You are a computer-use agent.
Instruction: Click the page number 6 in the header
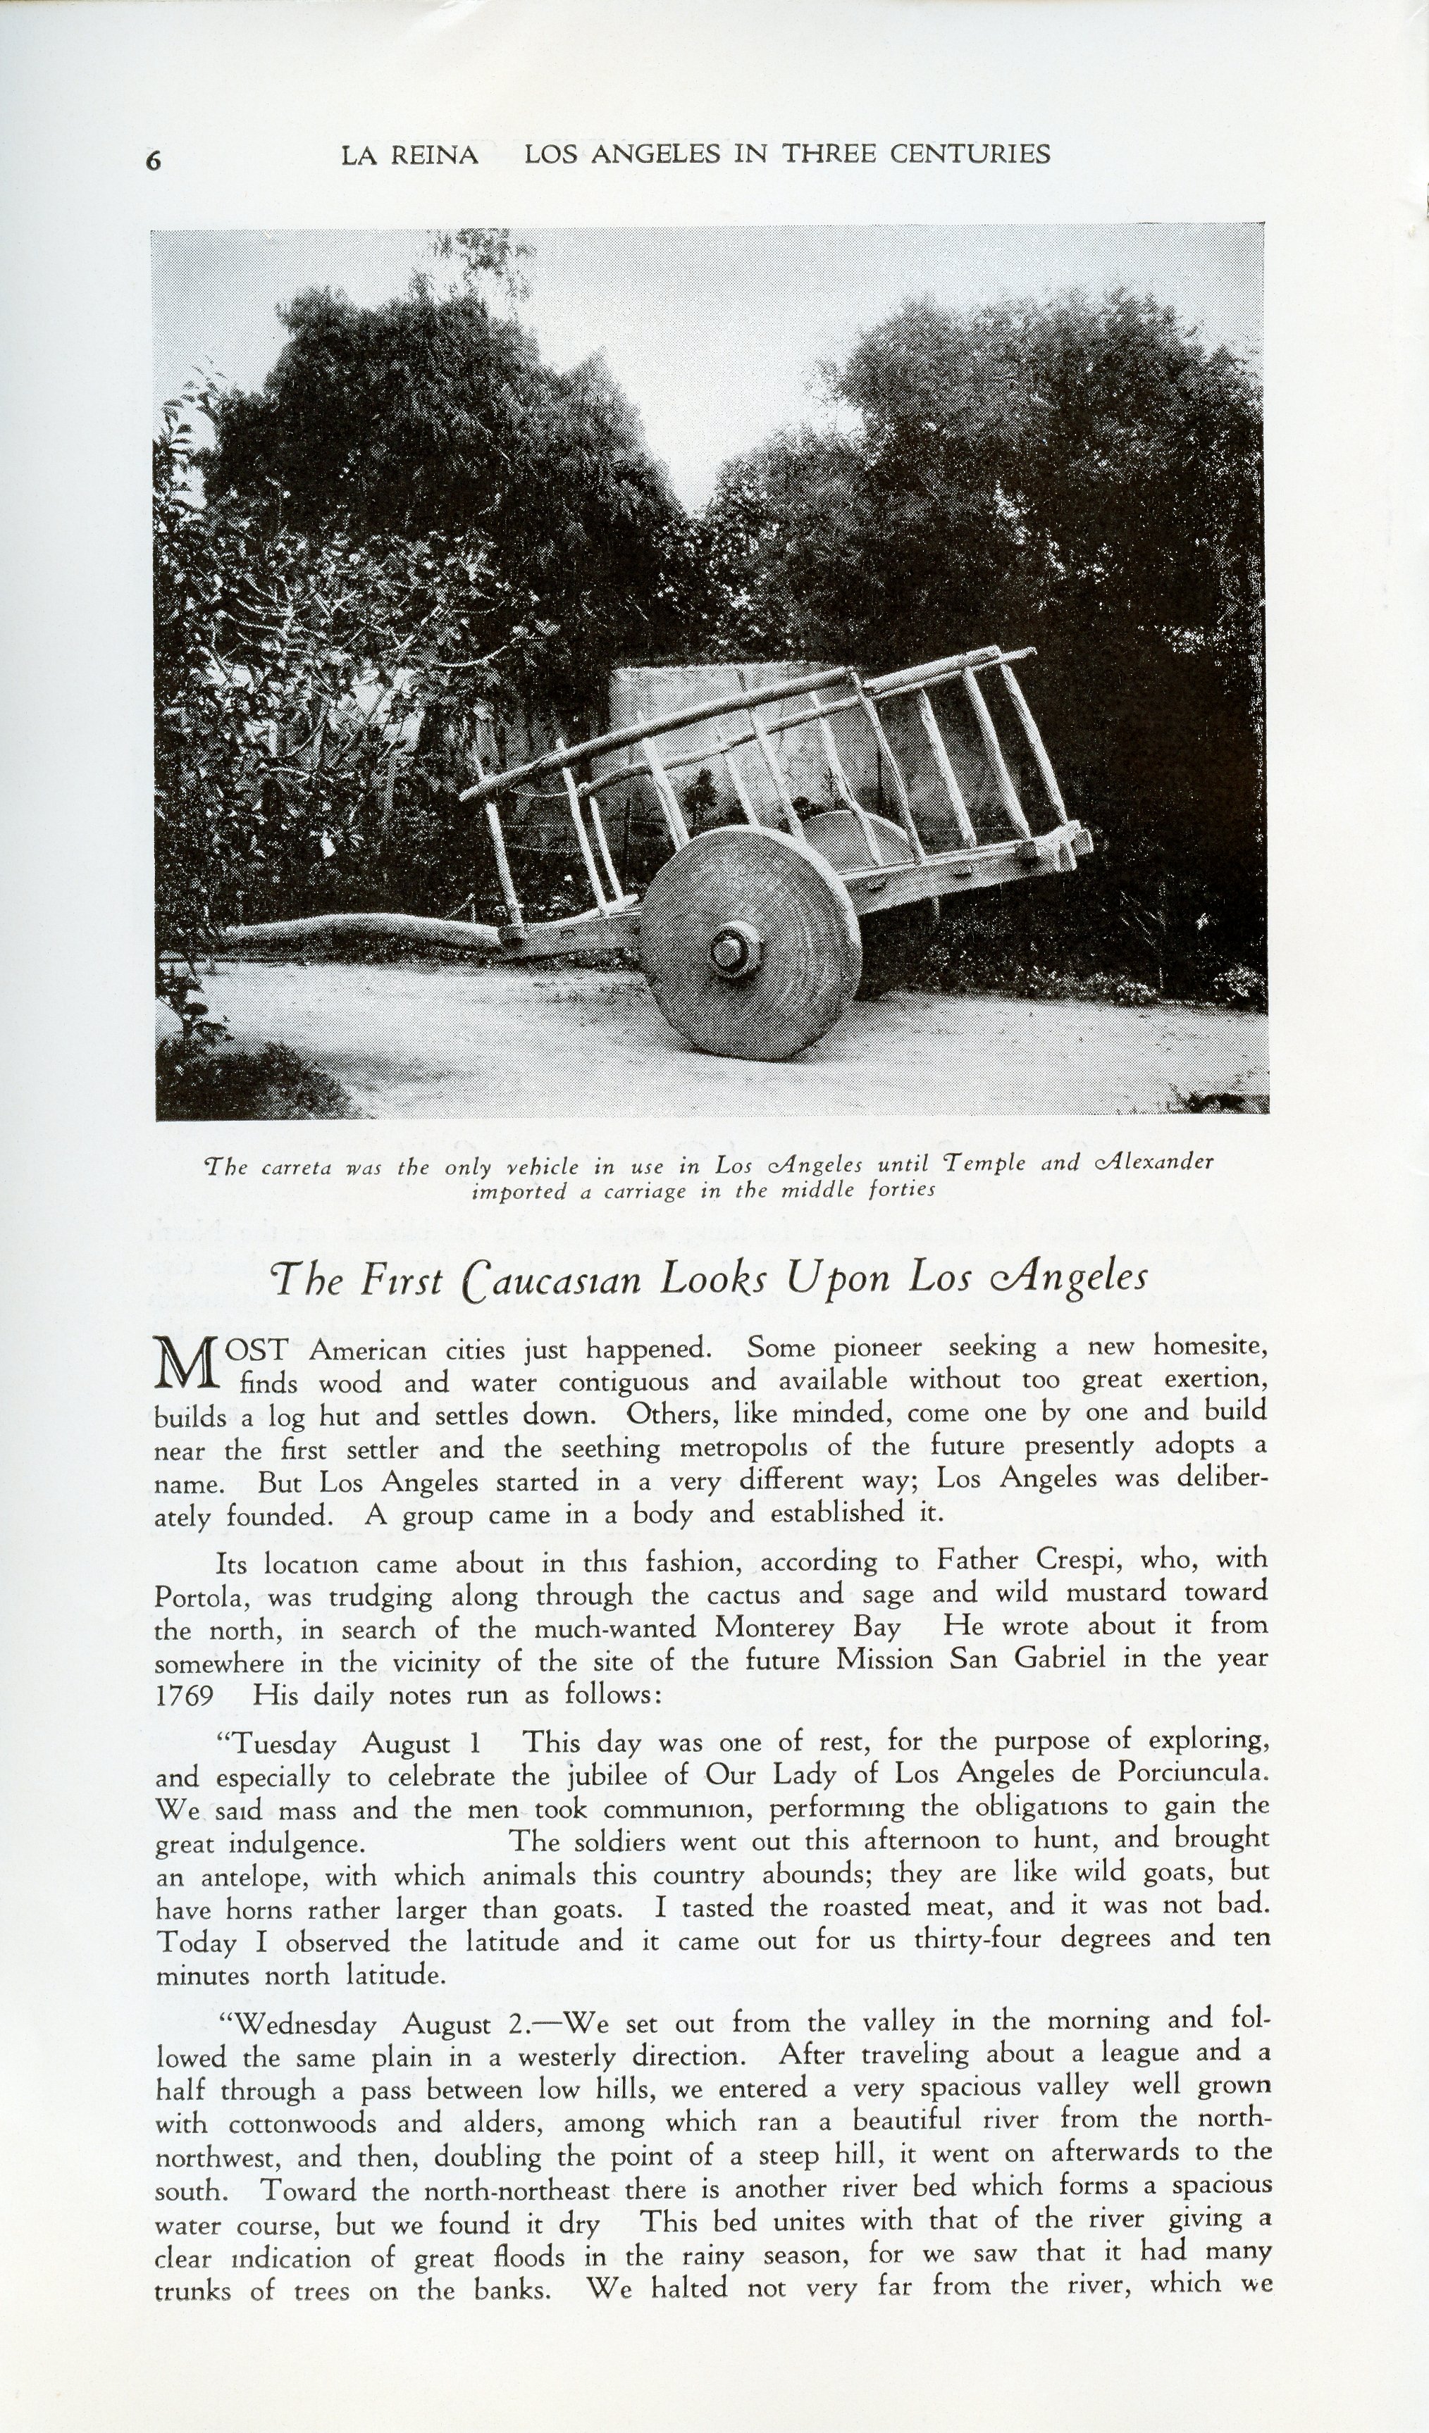click(154, 161)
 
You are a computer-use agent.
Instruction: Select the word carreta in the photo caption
click(297, 1167)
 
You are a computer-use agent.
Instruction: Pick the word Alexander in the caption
click(1153, 1162)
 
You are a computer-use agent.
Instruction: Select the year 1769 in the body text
click(185, 1695)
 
